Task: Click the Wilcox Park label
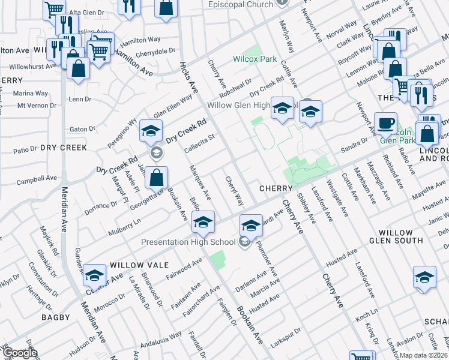click(x=255, y=59)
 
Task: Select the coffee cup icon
click(x=385, y=124)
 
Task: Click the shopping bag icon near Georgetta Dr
click(x=156, y=178)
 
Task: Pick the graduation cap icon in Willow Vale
click(x=94, y=275)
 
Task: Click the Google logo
click(x=20, y=353)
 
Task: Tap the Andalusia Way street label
click(x=161, y=340)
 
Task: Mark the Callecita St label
click(x=199, y=146)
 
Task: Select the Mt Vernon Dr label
click(x=37, y=106)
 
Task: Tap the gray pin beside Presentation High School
click(x=244, y=242)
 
